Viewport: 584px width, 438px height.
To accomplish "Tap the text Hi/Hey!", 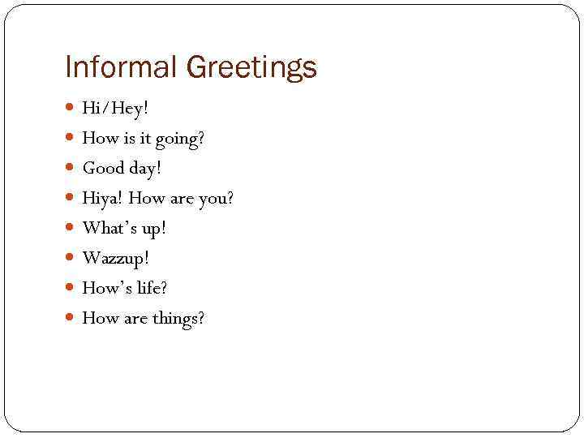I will point(115,109).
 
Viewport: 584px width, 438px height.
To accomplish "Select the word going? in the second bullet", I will point(180,140).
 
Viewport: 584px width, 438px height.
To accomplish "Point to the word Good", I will point(102,169).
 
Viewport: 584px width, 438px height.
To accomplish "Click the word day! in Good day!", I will point(145,169).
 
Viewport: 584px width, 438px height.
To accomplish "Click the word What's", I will point(110,229).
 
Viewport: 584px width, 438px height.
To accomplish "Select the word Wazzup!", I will point(116,259).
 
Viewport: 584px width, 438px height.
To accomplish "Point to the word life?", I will point(149,288).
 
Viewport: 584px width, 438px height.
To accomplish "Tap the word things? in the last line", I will point(178,319).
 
